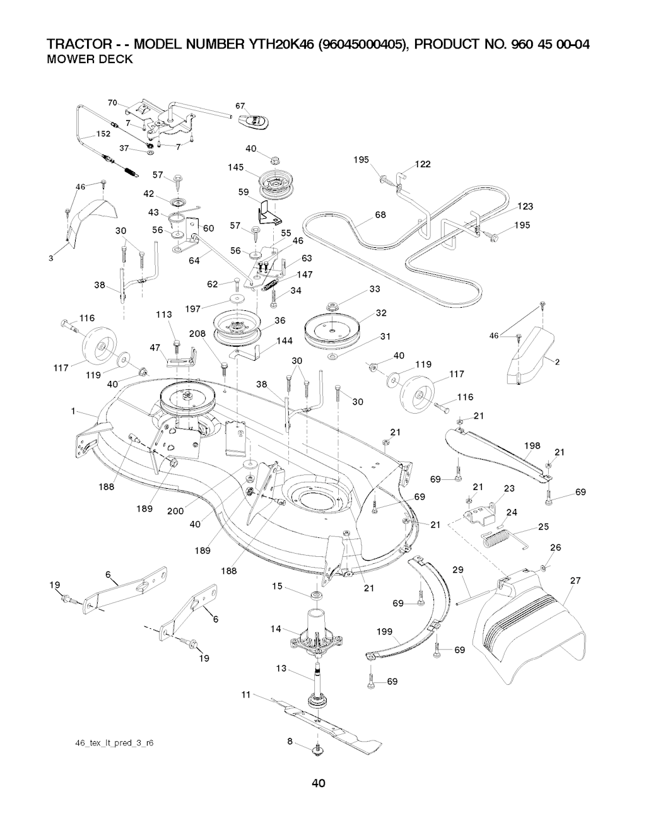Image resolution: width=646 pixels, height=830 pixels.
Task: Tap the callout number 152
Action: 103,134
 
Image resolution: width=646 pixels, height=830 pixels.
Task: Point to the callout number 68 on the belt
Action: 380,214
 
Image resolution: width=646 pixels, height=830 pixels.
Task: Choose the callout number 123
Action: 525,206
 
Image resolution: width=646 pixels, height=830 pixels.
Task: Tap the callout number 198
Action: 532,446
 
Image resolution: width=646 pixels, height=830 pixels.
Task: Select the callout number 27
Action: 575,580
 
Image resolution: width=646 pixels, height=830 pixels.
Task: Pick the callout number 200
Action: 175,511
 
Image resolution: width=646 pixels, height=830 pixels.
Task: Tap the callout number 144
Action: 285,341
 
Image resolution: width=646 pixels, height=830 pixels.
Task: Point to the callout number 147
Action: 305,274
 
